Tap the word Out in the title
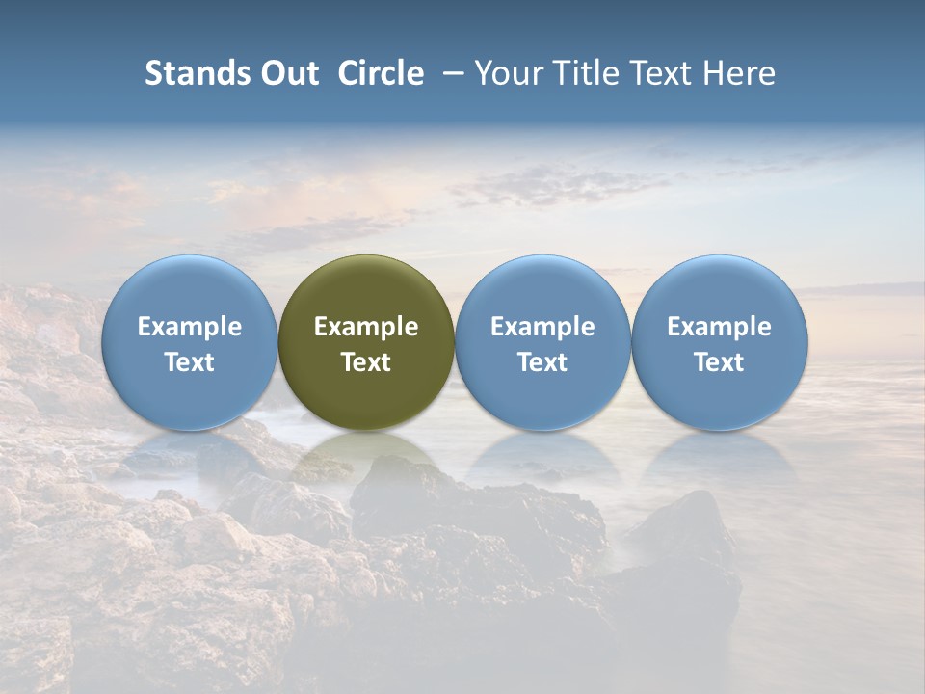tap(286, 73)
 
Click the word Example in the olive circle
tap(366, 327)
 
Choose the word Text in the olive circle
tap(366, 362)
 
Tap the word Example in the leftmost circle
tap(190, 327)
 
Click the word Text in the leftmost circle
tap(190, 362)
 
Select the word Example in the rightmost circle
tap(720, 327)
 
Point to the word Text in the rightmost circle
tap(720, 362)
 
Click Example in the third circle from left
tap(542, 327)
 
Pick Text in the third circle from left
tap(542, 362)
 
